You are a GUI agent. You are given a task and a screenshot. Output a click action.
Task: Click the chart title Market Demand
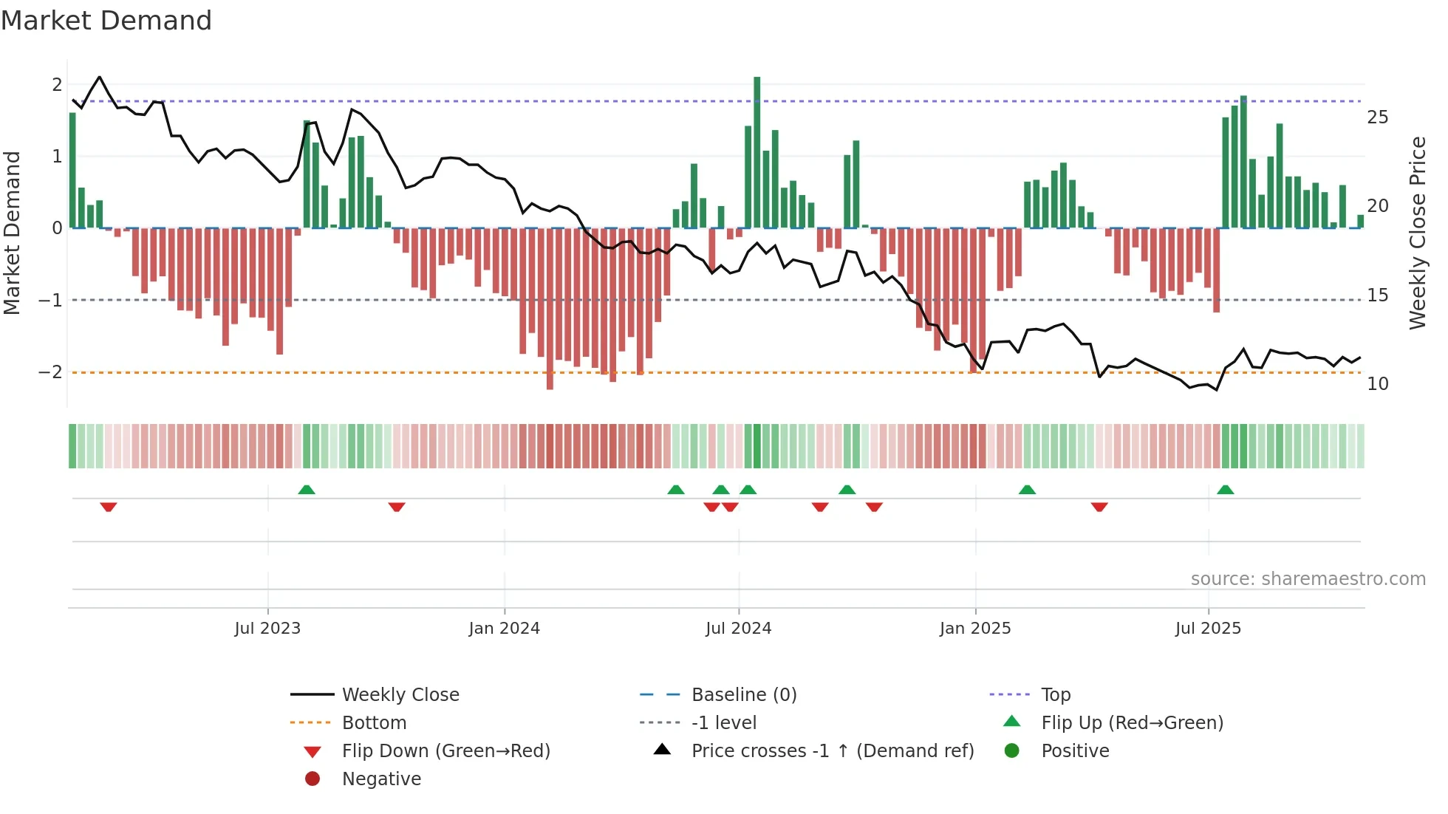(x=106, y=21)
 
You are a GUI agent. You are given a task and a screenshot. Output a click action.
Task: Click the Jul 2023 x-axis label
(x=267, y=629)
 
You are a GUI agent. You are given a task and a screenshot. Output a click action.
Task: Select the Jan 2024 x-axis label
(x=504, y=629)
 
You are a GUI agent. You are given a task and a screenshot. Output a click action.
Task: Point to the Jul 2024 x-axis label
(x=738, y=629)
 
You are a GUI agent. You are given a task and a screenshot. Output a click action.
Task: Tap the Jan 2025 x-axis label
(x=974, y=629)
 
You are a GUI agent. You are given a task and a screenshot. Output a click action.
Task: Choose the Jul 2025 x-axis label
(x=1208, y=629)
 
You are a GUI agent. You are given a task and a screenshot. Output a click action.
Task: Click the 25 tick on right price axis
(x=1377, y=117)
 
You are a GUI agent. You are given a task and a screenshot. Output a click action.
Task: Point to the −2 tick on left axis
(x=51, y=372)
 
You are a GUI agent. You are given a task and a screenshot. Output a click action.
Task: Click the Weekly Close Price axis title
(x=1417, y=233)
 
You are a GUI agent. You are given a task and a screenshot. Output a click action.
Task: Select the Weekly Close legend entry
(x=400, y=695)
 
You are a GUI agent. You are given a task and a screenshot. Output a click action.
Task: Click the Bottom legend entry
(x=374, y=723)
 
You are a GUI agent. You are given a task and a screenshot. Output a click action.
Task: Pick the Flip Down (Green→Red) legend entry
(x=445, y=751)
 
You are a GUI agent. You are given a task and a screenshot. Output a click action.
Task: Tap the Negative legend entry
(x=381, y=779)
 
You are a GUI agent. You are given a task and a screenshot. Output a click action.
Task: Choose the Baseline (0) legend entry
(x=743, y=695)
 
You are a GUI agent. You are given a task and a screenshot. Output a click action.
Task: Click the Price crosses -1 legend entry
(x=832, y=751)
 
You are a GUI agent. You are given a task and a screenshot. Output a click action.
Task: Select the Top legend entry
(x=1055, y=695)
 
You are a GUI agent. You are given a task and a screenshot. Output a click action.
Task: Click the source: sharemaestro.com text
(x=1308, y=579)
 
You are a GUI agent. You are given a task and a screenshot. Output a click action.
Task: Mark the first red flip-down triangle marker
(x=109, y=507)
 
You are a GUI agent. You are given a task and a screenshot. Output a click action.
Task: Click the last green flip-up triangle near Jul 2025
(x=1225, y=490)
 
